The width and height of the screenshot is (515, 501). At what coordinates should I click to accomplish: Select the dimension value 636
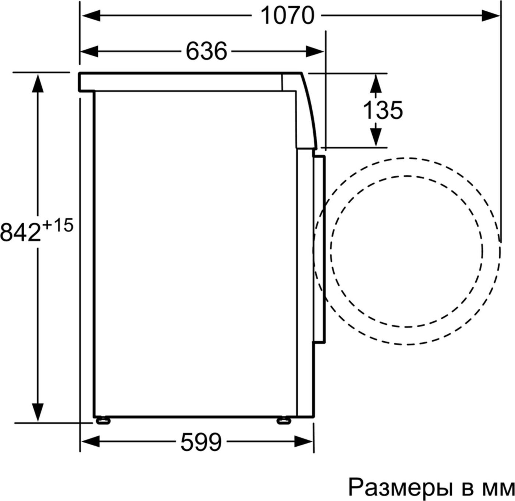[206, 51]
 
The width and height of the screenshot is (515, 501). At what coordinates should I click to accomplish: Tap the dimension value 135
[383, 110]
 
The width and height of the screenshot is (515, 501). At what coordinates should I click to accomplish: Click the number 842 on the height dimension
[21, 232]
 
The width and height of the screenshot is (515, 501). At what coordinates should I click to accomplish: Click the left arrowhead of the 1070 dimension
[91, 16]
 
